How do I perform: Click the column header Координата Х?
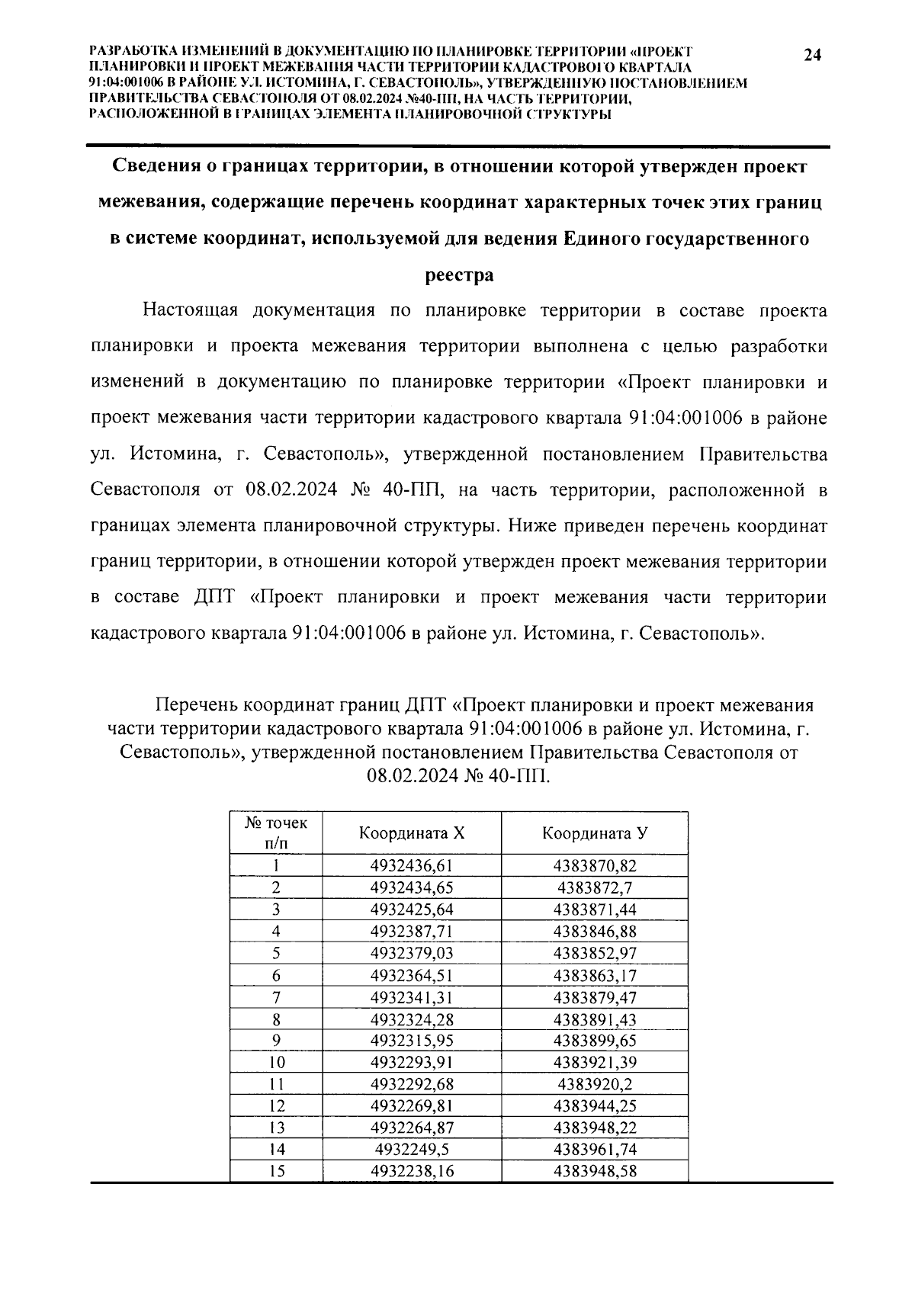click(x=412, y=833)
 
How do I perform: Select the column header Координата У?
click(x=595, y=833)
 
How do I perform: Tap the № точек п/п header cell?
click(x=276, y=833)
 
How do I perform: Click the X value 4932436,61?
click(x=412, y=865)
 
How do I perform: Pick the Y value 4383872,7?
click(x=595, y=887)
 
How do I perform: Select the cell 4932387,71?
click(x=412, y=931)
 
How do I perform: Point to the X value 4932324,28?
click(x=412, y=1019)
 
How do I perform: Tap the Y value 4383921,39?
click(x=595, y=1063)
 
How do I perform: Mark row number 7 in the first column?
click(x=276, y=997)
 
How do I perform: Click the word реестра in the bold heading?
click(x=458, y=275)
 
